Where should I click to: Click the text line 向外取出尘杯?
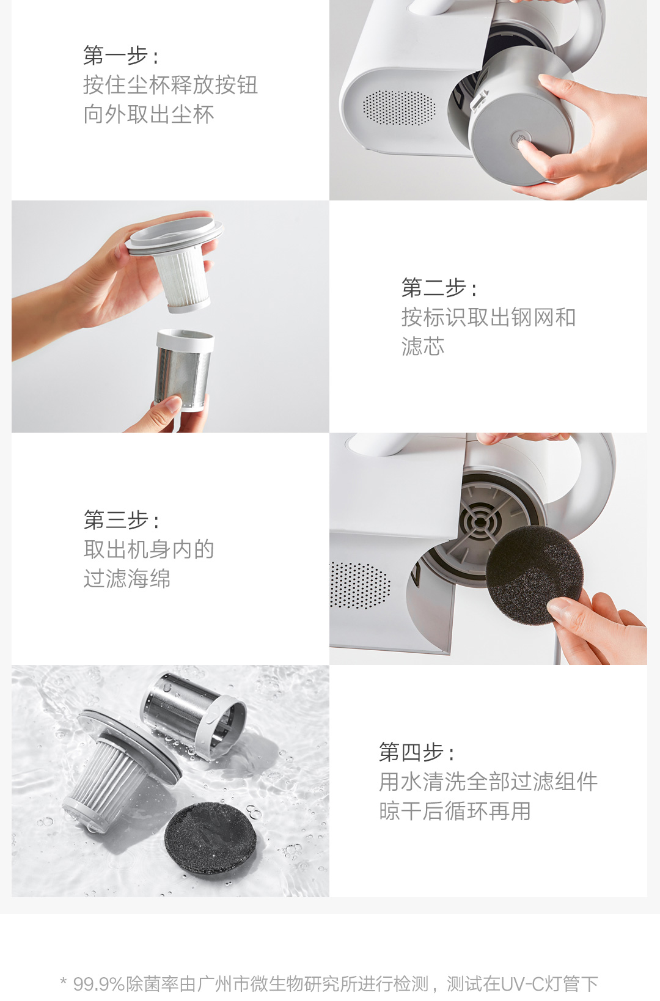[x=148, y=114]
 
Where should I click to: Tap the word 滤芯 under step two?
[x=423, y=346]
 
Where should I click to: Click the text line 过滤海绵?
[x=127, y=579]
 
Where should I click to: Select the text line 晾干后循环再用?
[x=455, y=811]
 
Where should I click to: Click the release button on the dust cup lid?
[x=520, y=139]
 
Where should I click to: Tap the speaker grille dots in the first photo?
[x=399, y=108]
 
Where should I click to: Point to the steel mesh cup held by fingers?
[x=184, y=370]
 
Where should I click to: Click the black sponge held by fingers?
[x=535, y=575]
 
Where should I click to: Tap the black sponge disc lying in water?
[x=210, y=840]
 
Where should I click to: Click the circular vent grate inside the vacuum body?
[x=481, y=523]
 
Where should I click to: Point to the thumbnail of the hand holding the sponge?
[x=488, y=548]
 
